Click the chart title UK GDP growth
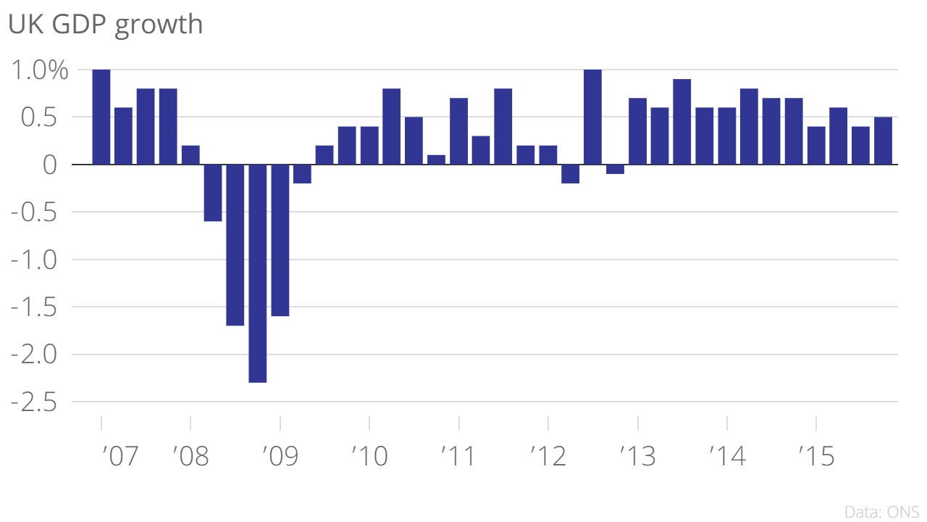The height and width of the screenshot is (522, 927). [x=105, y=25]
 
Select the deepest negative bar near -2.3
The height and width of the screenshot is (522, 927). [x=257, y=273]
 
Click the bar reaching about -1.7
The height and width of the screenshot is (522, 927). [x=235, y=244]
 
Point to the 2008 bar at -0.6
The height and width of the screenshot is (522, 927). [x=213, y=193]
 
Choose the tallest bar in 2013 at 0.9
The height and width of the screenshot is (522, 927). [x=681, y=122]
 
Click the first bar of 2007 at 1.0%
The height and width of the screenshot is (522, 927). [x=101, y=117]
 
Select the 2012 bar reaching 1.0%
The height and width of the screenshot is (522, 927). [x=592, y=117]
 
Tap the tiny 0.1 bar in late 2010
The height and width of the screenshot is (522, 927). [x=436, y=159]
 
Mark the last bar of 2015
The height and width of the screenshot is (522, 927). [x=883, y=141]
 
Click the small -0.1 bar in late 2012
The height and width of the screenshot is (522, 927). [x=615, y=170]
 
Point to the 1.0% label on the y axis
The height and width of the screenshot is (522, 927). [x=39, y=70]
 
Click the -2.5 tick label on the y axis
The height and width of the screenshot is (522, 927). [x=34, y=402]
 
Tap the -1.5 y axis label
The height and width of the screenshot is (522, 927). [x=34, y=307]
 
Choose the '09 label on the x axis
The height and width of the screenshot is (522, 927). [x=280, y=457]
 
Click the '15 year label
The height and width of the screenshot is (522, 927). [x=816, y=457]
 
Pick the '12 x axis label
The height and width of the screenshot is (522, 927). [x=548, y=457]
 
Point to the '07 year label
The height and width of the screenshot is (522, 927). [x=119, y=457]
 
